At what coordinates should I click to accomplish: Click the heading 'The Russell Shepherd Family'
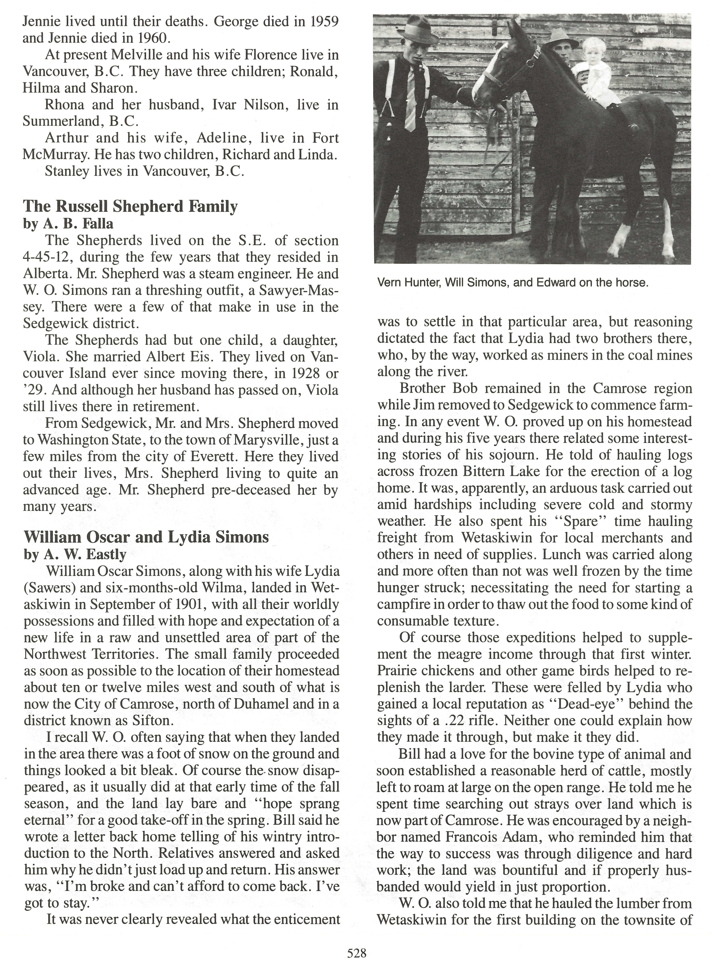(130, 207)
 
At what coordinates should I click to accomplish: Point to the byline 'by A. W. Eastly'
(75, 554)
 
